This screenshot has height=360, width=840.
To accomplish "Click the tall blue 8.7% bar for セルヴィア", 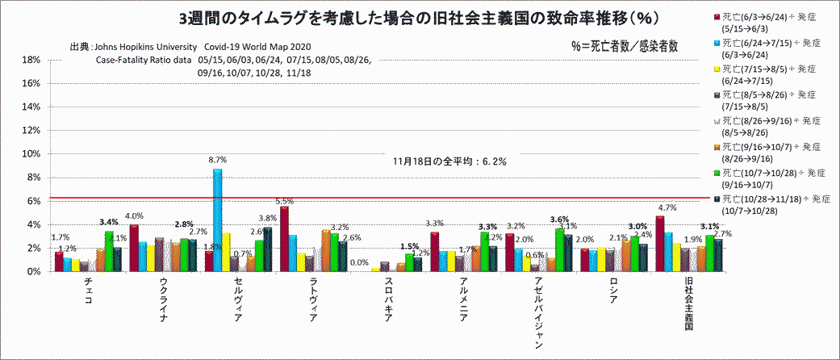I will click(217, 220).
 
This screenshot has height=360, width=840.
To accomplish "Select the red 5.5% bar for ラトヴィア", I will click(284, 239).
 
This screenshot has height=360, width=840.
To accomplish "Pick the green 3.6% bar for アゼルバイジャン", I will click(558, 250).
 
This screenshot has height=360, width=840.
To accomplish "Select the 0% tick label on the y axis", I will click(33, 272).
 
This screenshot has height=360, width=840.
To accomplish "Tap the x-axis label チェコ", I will click(88, 290).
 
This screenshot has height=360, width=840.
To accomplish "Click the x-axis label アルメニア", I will click(463, 296).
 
